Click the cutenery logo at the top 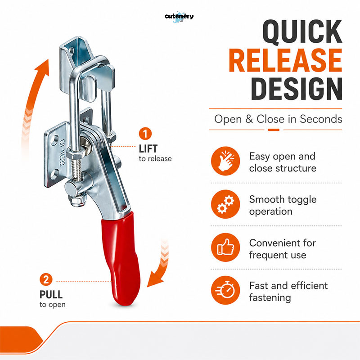point(179,17)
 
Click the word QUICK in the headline point(302,31)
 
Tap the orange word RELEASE point(285,60)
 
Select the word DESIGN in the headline point(297,89)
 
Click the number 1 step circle point(145,134)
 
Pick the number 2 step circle point(46,279)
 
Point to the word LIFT point(148,149)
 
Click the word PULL point(51,295)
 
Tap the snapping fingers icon point(225,161)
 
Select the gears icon point(225,204)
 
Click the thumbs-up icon point(225,247)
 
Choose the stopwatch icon point(225,290)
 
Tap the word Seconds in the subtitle point(321,119)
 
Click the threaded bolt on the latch point(77,169)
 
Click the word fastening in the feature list point(270,298)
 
